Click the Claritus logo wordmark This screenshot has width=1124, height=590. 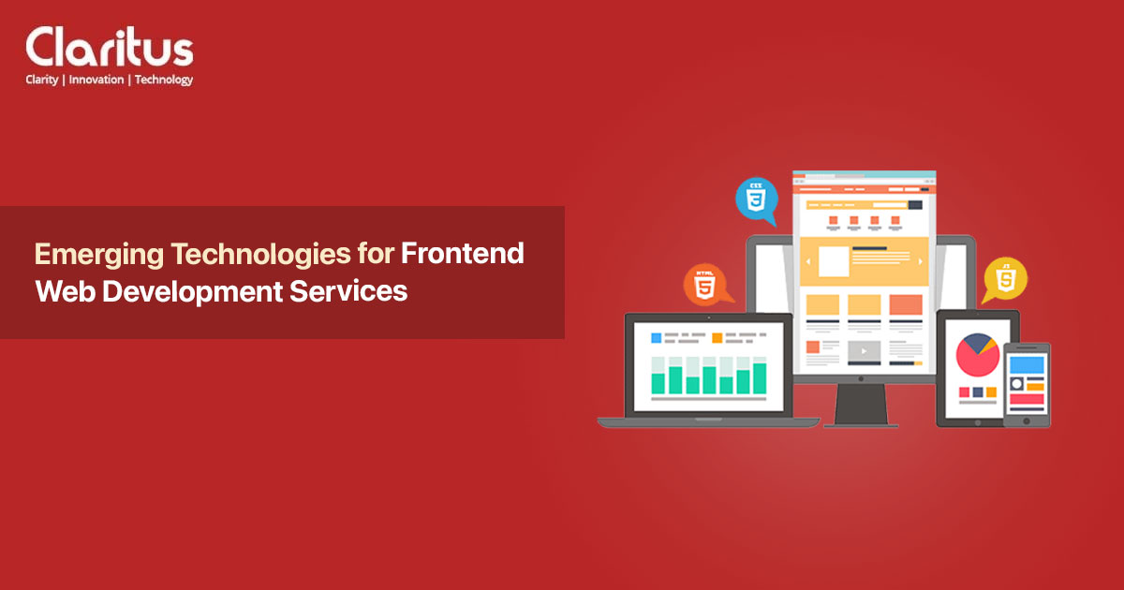coord(110,46)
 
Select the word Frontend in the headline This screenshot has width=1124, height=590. coord(463,254)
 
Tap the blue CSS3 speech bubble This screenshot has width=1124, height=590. coord(756,200)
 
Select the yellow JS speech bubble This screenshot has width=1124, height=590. coord(1006,279)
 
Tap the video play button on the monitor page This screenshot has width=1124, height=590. coord(865,351)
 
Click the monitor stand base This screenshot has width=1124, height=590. coord(861,422)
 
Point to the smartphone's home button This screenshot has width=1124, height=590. coord(1027,419)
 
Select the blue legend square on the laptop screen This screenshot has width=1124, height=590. coord(656,336)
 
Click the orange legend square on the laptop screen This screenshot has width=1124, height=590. coord(717,336)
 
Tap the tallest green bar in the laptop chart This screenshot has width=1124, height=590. coord(759,377)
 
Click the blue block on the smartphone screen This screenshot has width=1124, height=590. coord(1027,364)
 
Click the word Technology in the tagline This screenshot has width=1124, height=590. coord(164,80)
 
